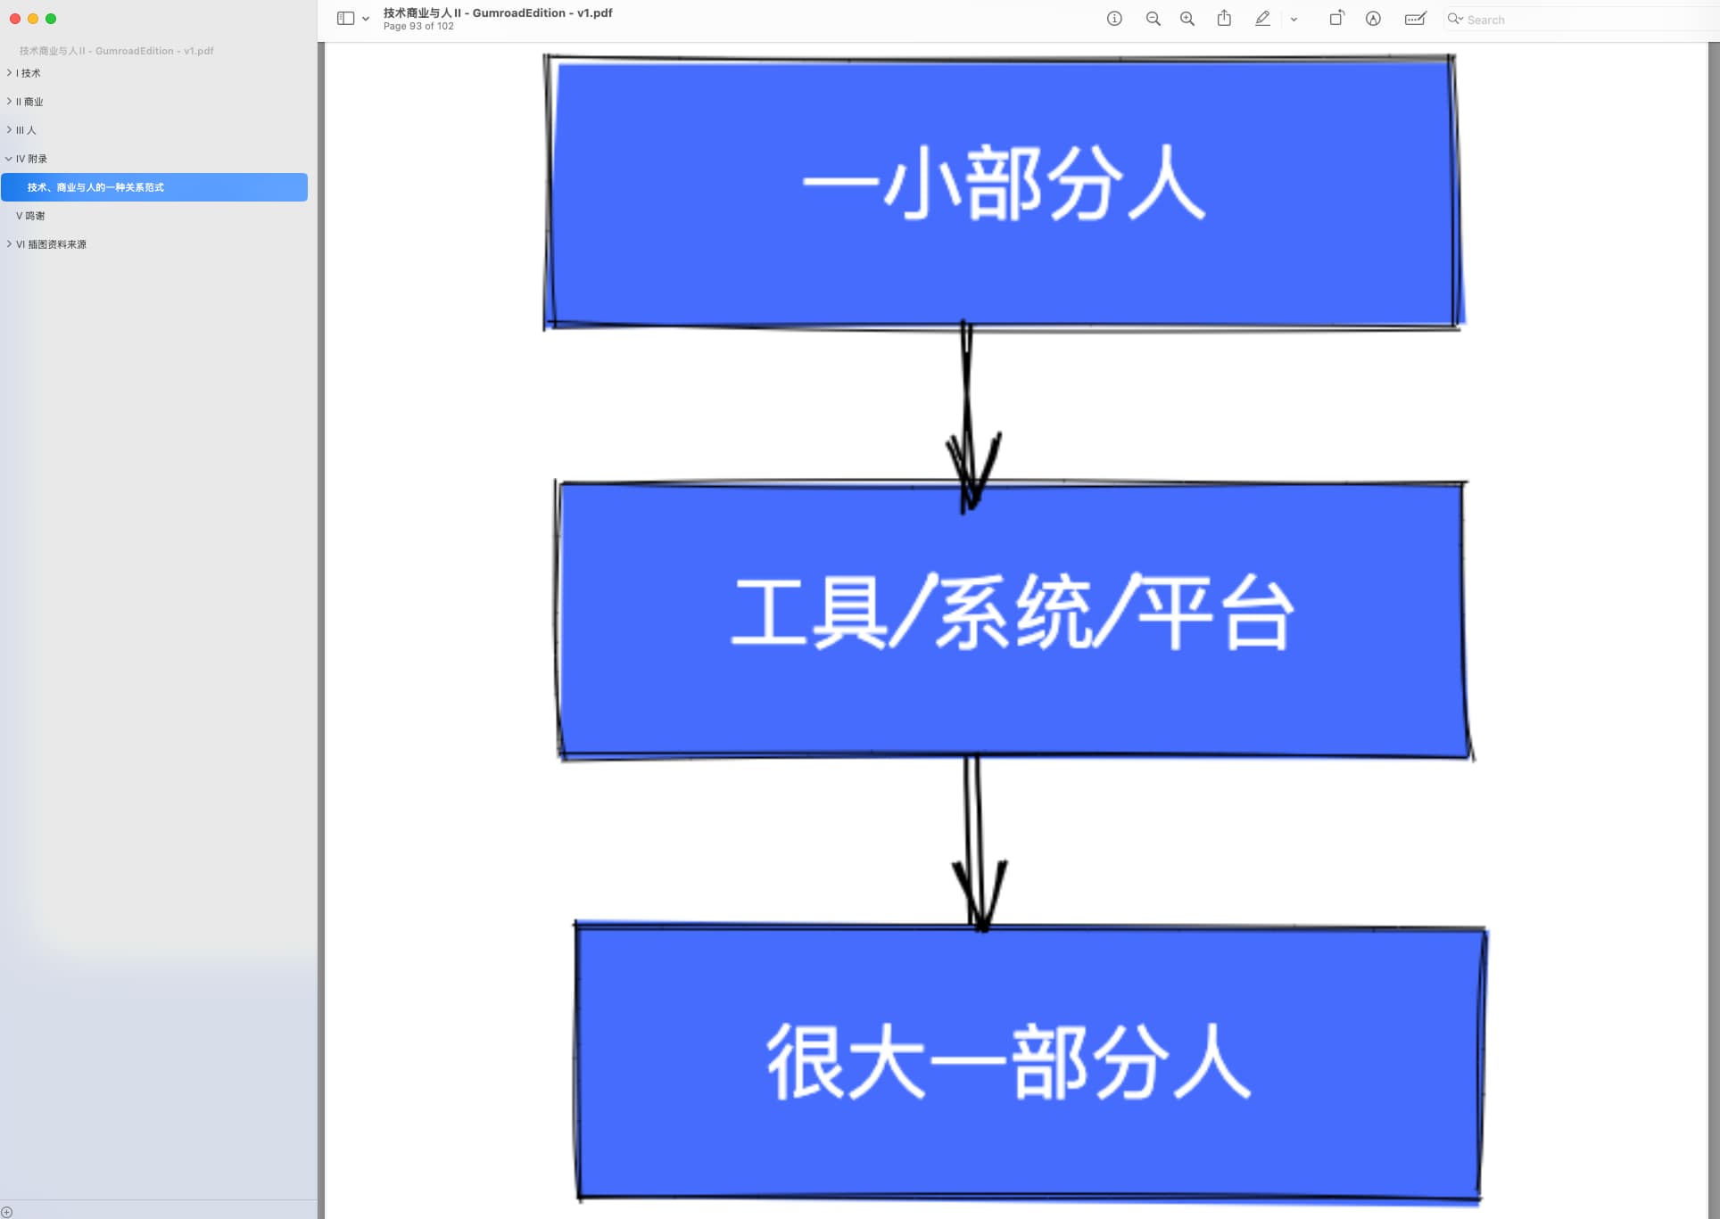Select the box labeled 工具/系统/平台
click(1013, 620)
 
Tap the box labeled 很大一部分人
click(1030, 1061)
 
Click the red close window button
click(15, 19)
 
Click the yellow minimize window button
click(33, 19)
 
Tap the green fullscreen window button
click(51, 19)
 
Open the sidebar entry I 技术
click(29, 73)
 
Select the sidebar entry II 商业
click(30, 102)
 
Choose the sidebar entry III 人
click(27, 130)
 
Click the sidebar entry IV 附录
click(32, 159)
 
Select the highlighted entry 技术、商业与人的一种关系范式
click(96, 187)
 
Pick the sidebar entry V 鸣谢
click(31, 216)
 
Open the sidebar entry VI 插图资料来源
click(52, 244)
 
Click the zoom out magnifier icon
click(1153, 19)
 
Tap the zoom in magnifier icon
click(1187, 19)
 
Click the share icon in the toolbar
click(1224, 19)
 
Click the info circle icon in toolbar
click(1114, 19)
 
